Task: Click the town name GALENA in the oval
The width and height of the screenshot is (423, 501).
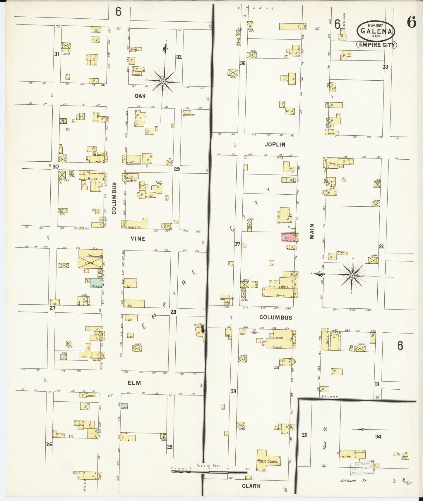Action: coord(376,31)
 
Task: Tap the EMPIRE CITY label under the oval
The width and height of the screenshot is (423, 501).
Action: coord(376,45)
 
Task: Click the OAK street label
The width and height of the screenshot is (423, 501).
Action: coord(140,96)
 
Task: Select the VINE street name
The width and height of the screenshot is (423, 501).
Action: coord(138,239)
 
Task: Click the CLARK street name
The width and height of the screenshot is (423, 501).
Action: coord(251,486)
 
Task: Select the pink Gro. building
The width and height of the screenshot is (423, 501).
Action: coord(287,237)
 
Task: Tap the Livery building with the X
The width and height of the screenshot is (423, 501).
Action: coord(90,262)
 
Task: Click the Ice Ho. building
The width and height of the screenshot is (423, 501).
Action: coord(347,464)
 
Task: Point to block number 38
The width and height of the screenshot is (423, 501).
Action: coord(233,391)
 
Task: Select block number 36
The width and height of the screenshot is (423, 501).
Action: coord(242,63)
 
